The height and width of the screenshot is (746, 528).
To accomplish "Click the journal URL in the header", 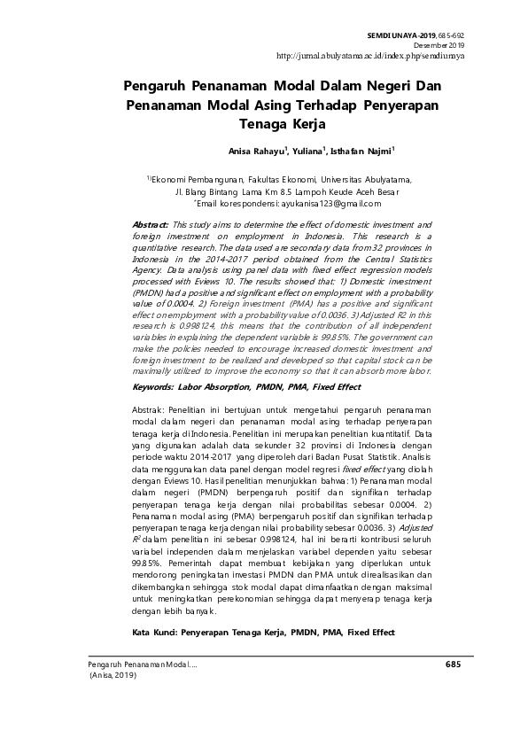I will pos(370,55).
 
